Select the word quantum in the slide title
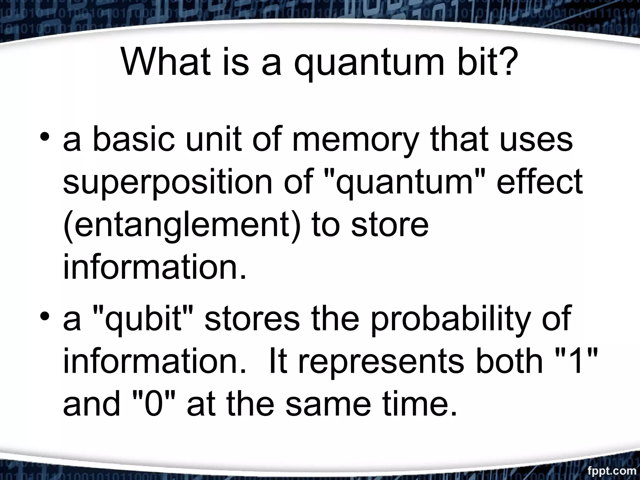click(x=369, y=66)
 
